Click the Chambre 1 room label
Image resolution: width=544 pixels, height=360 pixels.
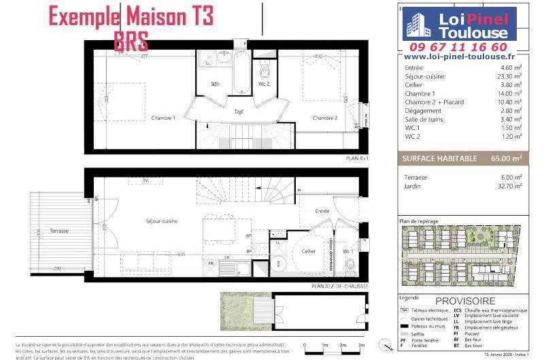[x=163, y=118]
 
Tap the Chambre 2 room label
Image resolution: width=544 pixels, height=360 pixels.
[x=325, y=118]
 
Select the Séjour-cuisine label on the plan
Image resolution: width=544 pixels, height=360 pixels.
[x=161, y=222]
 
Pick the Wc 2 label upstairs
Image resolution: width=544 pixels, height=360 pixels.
[x=264, y=84]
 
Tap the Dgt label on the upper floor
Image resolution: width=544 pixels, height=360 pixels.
[x=239, y=111]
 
